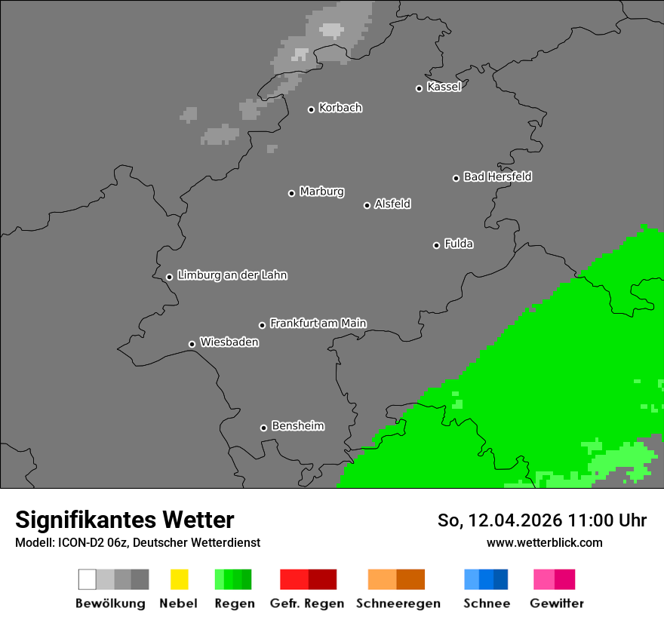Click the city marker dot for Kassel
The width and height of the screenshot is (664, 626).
420,88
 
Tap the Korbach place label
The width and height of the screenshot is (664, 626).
340,108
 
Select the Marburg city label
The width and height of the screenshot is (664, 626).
321,192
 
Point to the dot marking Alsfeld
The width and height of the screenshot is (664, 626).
367,205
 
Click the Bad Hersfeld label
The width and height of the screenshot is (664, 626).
497,176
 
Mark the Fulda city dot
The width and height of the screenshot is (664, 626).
437,245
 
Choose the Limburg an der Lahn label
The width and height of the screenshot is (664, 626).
232,275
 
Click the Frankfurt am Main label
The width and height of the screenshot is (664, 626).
318,324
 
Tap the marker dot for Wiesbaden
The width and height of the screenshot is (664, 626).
192,345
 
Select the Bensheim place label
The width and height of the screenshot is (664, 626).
297,426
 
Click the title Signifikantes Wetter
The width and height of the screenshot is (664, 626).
124,520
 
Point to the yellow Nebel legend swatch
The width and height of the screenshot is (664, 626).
179,579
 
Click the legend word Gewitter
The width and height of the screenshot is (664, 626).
557,603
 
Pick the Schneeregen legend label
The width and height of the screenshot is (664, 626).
398,603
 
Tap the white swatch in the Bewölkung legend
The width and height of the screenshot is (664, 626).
88,579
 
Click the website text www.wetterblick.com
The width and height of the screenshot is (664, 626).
544,542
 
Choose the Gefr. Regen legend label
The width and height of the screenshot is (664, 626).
307,603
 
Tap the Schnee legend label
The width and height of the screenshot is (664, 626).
487,603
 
